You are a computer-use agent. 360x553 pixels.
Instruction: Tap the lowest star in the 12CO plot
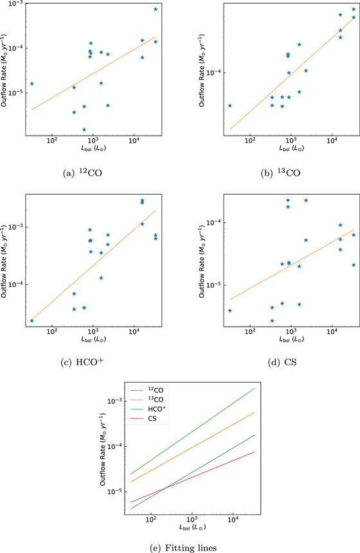pos(84,130)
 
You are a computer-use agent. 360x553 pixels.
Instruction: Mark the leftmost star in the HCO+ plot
pos(32,320)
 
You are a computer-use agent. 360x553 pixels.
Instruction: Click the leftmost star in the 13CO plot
pos(230,105)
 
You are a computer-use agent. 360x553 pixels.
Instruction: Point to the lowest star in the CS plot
pos(272,320)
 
